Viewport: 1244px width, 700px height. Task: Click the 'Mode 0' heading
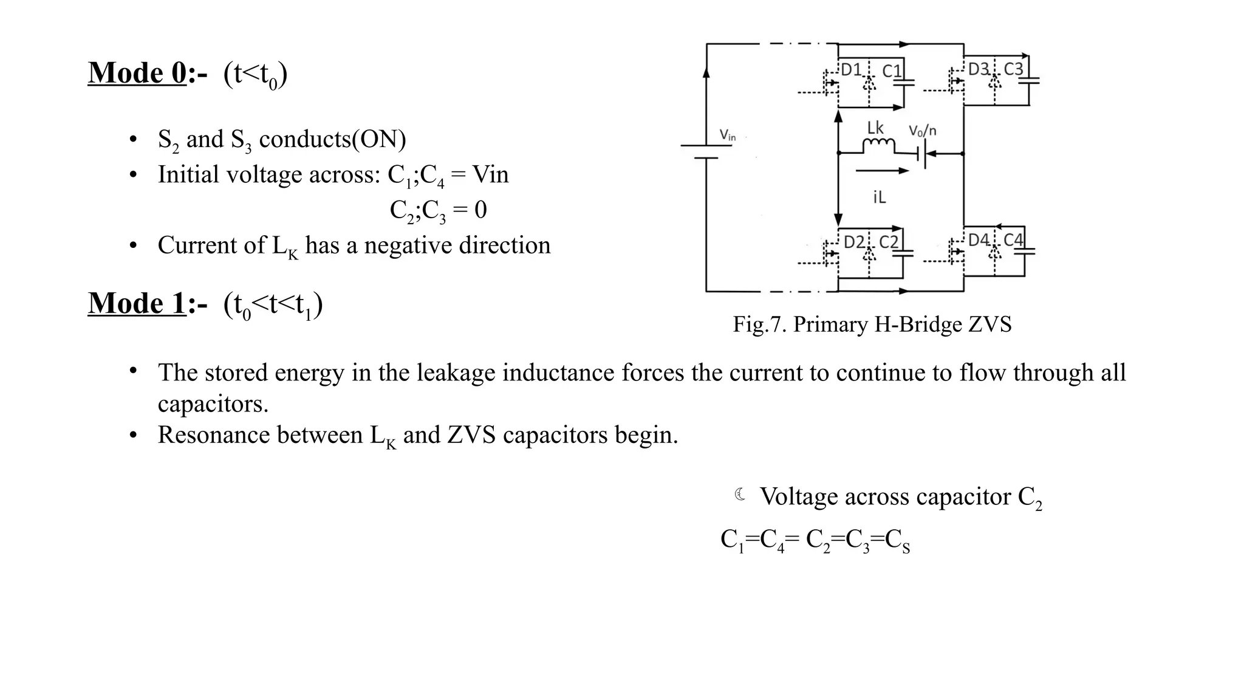point(137,74)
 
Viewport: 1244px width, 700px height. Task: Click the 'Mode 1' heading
point(137,303)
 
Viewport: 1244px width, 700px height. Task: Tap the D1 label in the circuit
point(852,70)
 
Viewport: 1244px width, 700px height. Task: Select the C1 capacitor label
point(892,71)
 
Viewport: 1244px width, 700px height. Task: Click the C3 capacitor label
point(1014,69)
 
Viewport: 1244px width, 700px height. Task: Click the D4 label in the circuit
point(979,240)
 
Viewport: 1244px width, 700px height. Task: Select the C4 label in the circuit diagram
point(1013,240)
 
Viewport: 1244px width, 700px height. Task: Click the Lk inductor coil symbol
point(878,146)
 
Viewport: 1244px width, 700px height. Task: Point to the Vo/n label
point(922,131)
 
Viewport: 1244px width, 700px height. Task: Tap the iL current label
point(880,197)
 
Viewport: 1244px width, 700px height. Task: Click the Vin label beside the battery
point(727,135)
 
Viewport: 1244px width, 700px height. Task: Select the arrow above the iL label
point(882,171)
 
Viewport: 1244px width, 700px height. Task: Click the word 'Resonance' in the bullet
point(260,435)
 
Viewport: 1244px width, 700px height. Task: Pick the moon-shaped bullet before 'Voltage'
point(740,495)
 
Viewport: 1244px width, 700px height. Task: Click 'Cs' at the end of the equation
point(897,540)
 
